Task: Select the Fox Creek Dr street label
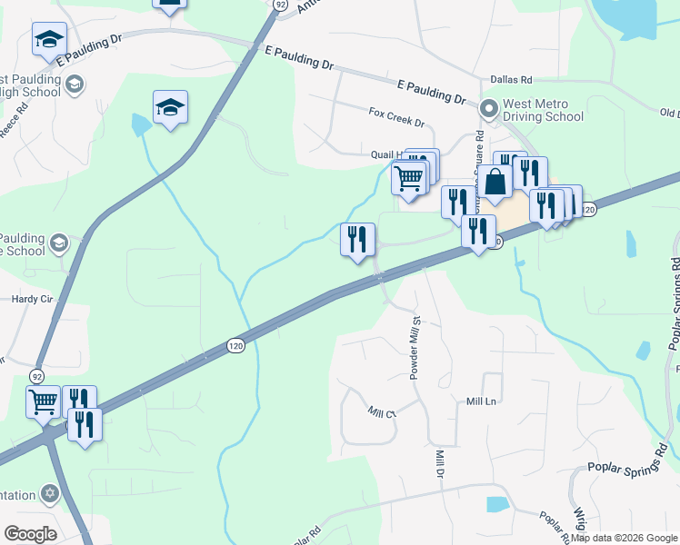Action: pyautogui.click(x=396, y=116)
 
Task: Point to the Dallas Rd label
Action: pyautogui.click(x=510, y=81)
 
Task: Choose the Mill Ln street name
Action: pyautogui.click(x=481, y=401)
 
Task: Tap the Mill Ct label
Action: pyautogui.click(x=382, y=413)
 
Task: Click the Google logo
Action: pyautogui.click(x=30, y=533)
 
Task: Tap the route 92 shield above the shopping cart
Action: pyautogui.click(x=37, y=374)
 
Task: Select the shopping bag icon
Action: pyautogui.click(x=496, y=183)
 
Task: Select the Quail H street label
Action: pyautogui.click(x=385, y=154)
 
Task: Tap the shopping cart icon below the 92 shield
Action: pyautogui.click(x=43, y=402)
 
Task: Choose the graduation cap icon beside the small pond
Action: pyautogui.click(x=170, y=108)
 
